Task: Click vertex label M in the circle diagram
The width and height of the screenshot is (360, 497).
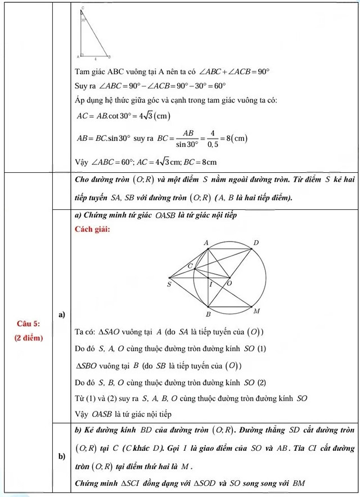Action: point(256,311)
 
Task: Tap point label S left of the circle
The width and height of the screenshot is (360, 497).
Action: point(168,285)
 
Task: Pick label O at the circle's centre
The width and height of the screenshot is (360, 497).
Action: point(229,284)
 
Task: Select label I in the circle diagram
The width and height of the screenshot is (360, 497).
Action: point(211,285)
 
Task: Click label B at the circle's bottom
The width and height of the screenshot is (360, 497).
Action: point(208,314)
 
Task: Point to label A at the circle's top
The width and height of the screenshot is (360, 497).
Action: point(206,242)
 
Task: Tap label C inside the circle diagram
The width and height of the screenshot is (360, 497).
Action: point(190,265)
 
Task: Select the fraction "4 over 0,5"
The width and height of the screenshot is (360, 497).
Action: point(213,137)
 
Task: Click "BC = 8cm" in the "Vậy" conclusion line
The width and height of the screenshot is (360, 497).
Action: point(201,162)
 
